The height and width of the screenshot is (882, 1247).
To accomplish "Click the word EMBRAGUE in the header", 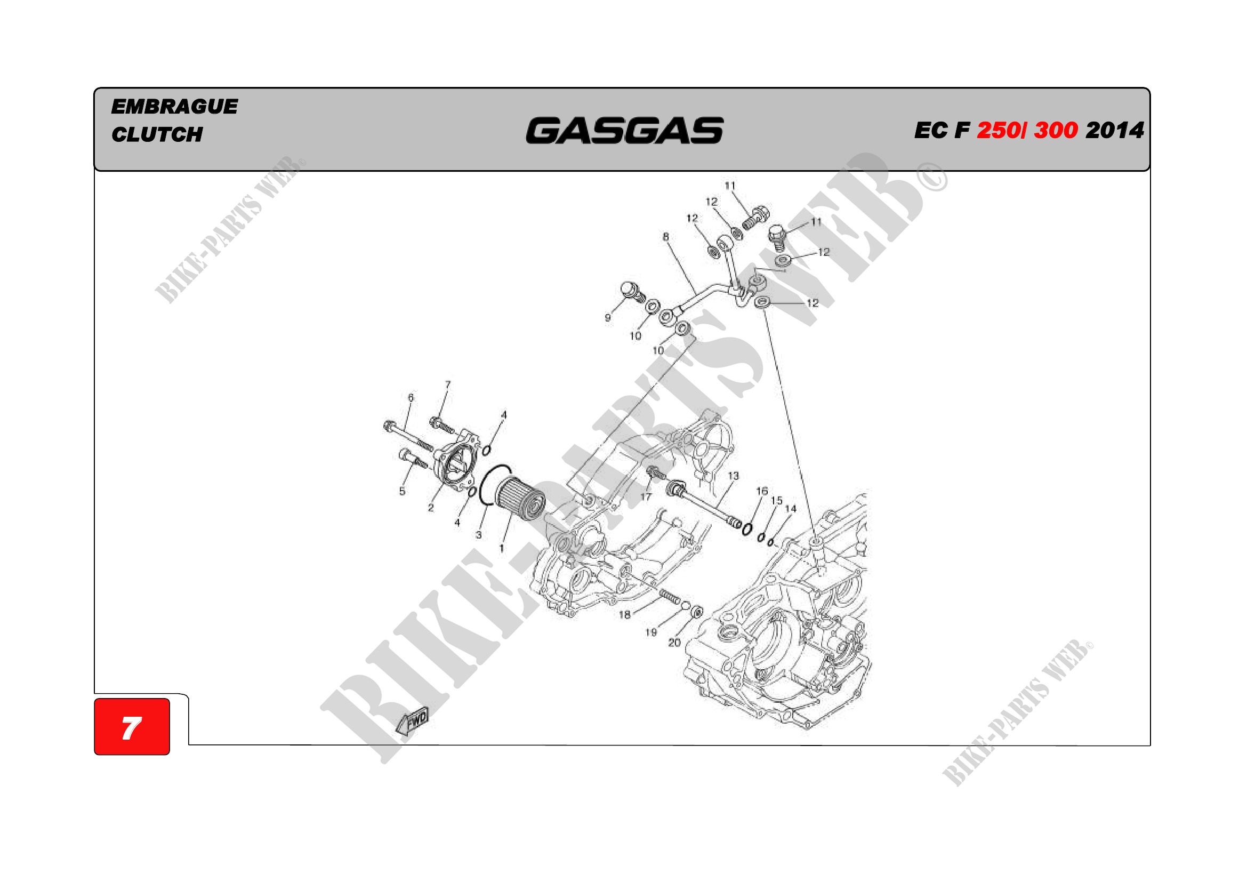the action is coord(174,107).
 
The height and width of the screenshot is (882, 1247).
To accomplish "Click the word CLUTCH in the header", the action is coord(157,134).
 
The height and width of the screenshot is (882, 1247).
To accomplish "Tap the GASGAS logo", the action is coord(625,130).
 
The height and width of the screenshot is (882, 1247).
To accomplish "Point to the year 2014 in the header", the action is coord(1114,130).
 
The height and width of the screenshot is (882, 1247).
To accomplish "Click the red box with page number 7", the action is coord(132,727).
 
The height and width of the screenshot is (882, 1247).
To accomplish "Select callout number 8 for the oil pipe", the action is coord(666,237).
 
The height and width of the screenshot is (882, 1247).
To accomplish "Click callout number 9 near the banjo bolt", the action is coord(608,318).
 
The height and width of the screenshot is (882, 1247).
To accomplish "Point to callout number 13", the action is coord(733,476).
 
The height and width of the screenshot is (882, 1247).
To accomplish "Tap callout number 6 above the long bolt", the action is coord(411,398).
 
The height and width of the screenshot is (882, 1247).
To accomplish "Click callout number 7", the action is coord(447,384).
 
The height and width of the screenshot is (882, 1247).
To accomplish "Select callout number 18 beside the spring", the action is coord(625,615).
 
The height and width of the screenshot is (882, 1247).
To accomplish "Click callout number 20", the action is coord(674,643).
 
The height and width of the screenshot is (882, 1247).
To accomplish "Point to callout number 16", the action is coord(762,491).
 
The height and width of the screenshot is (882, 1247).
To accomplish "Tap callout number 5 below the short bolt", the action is coord(402,491).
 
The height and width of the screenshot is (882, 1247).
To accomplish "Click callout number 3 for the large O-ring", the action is coord(478,534).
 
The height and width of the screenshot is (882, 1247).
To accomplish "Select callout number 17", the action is coord(645,496).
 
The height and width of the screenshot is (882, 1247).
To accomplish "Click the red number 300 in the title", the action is coord(1056,130).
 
